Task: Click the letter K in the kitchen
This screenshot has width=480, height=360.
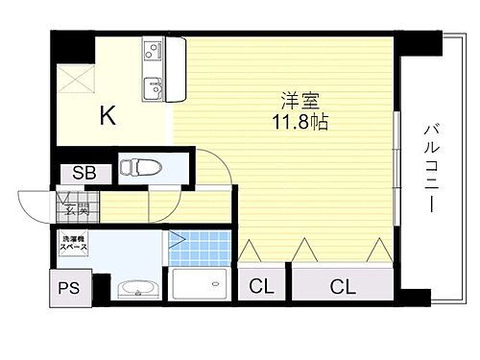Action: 108,117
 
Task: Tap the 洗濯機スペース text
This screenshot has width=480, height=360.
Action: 76,243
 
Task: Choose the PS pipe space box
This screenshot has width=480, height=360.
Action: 69,285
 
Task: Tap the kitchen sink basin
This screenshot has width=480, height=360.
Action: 155,90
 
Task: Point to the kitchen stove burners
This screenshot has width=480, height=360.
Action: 154,51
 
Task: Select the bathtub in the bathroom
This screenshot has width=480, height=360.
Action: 200,287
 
